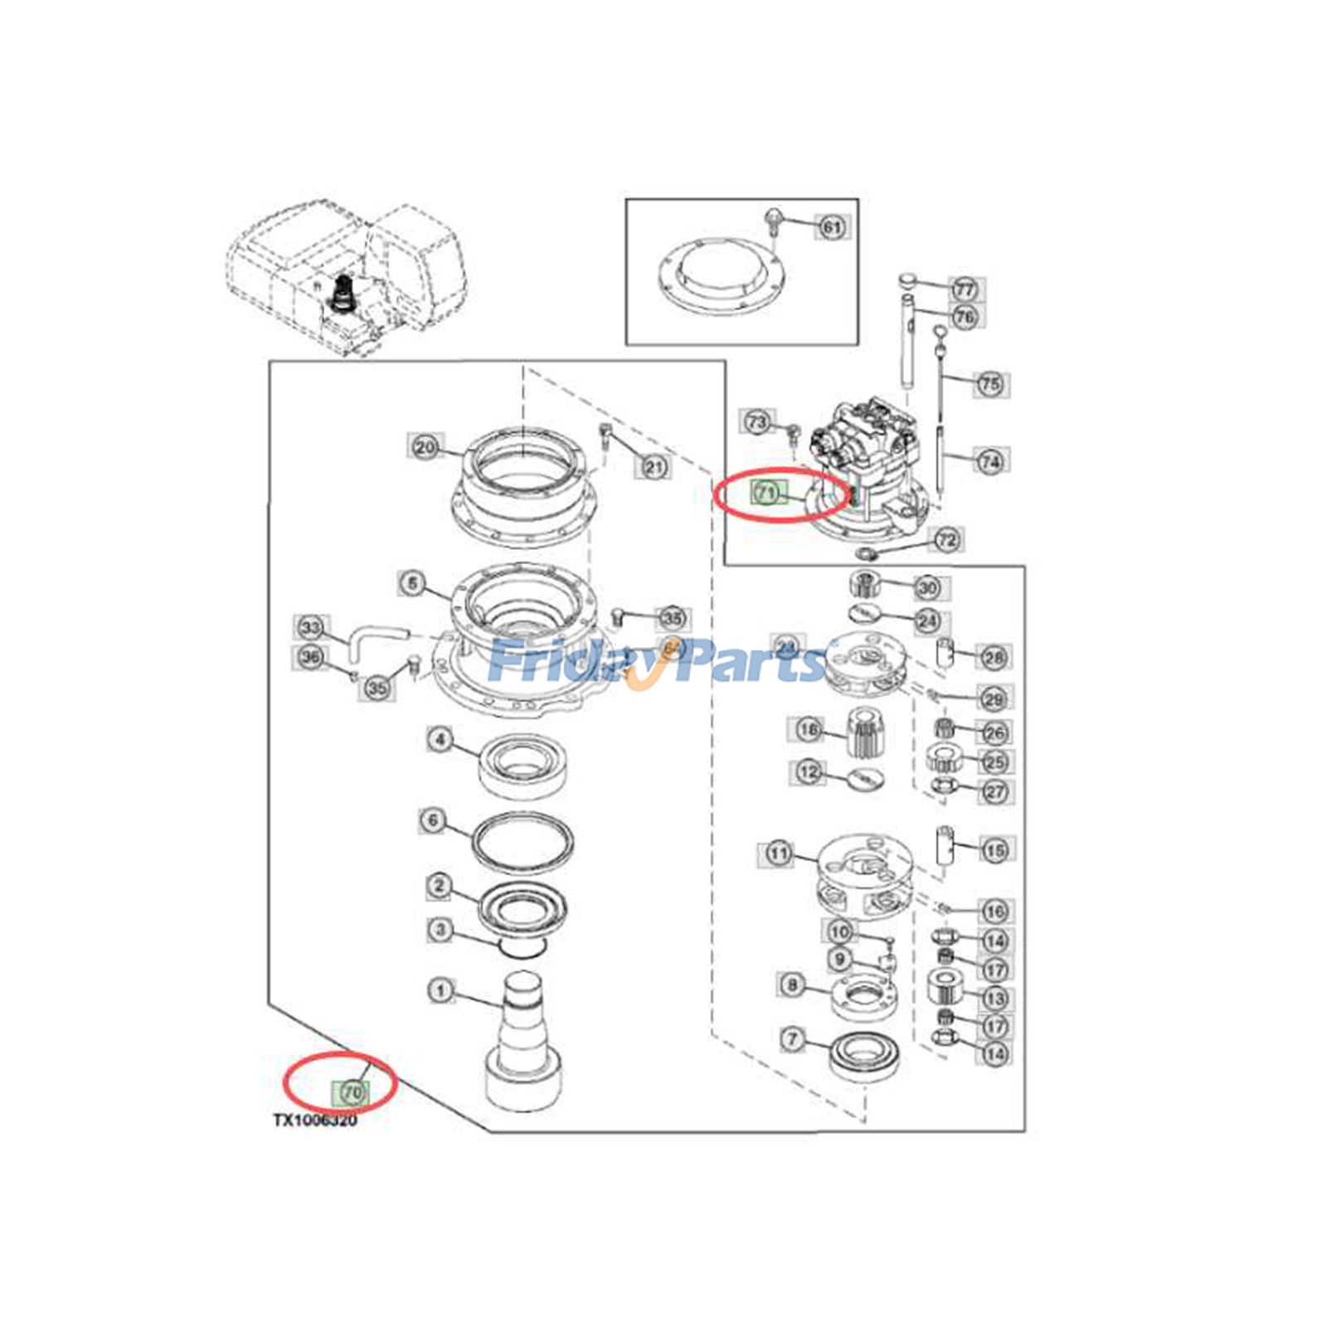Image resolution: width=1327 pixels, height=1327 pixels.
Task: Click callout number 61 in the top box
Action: (832, 226)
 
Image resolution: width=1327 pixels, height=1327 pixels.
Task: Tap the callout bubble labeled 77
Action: (964, 289)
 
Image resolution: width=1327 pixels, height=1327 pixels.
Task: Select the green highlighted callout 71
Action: (766, 493)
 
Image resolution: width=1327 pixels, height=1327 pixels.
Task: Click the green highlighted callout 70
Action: (352, 1092)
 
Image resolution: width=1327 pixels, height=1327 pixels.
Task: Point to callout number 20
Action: (425, 447)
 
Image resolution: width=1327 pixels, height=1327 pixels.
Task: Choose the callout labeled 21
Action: (654, 467)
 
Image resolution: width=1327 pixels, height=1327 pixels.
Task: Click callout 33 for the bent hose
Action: (311, 627)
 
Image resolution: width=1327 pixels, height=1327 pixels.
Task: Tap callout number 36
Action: (310, 658)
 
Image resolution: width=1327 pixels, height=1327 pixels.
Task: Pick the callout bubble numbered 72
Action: (946, 540)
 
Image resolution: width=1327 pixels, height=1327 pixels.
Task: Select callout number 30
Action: (927, 588)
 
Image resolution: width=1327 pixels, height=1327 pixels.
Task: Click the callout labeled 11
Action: (778, 853)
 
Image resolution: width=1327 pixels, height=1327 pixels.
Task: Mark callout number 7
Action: (793, 1038)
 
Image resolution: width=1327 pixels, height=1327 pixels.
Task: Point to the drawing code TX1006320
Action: (316, 1120)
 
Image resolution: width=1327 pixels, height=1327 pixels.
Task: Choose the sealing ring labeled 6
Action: (523, 843)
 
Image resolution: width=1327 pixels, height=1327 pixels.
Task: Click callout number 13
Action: (994, 998)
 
